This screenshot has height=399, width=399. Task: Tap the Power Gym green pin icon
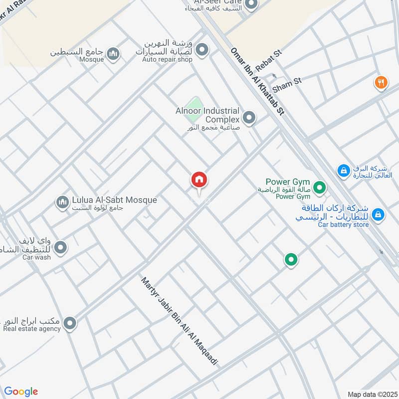pyautogui.click(x=320, y=188)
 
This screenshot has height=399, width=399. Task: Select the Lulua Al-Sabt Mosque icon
pyautogui.click(x=62, y=202)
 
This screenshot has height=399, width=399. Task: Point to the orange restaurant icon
pyautogui.click(x=381, y=82)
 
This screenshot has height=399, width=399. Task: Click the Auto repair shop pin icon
pyautogui.click(x=202, y=49)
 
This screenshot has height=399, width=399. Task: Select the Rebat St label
pyautogui.click(x=269, y=60)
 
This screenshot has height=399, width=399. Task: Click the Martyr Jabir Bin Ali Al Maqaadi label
pyautogui.click(x=180, y=321)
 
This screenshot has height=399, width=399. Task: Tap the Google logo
pyautogui.click(x=21, y=392)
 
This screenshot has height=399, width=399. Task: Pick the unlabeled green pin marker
pyautogui.click(x=291, y=259)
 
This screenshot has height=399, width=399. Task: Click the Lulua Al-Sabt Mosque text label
pyautogui.click(x=114, y=200)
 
